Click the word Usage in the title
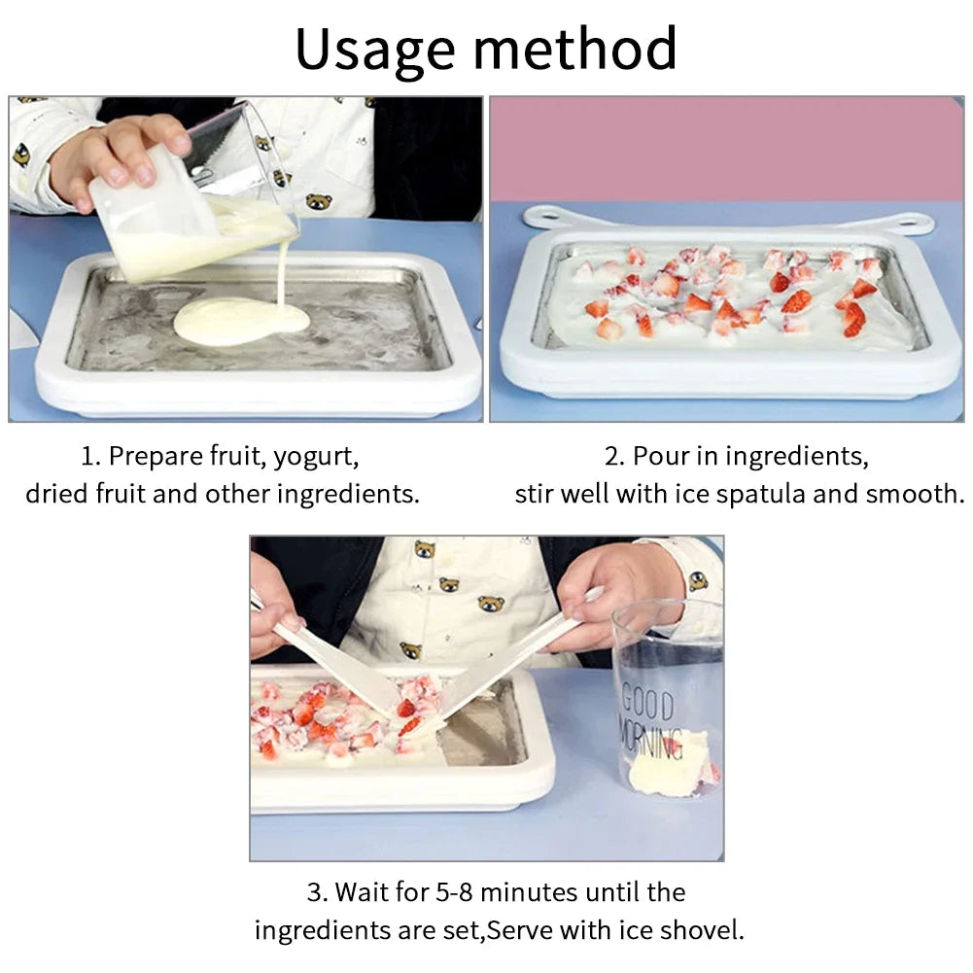coord(375,50)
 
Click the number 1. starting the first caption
coord(90,456)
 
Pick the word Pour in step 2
coord(660,456)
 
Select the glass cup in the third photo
coord(668,700)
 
